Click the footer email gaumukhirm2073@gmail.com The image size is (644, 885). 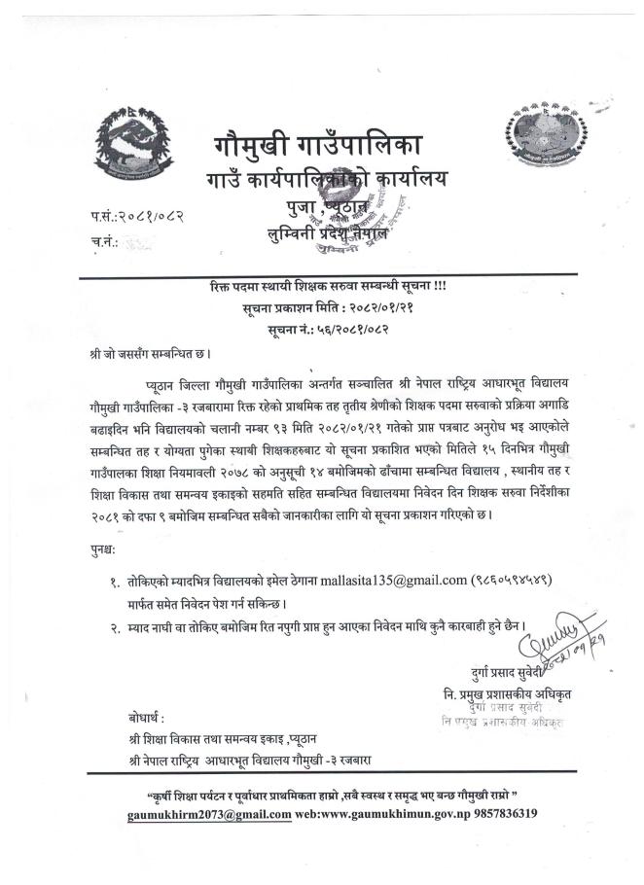[x=209, y=813]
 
